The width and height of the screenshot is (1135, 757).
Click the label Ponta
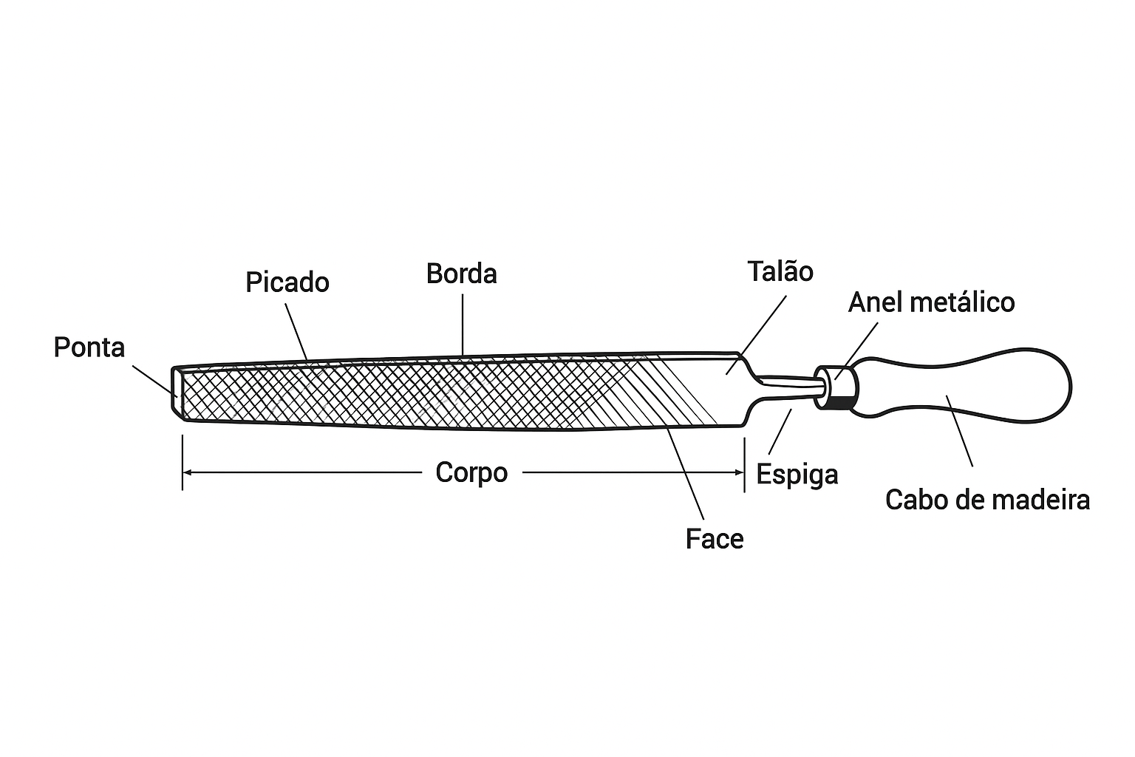[89, 347]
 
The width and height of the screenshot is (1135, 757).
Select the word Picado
[287, 282]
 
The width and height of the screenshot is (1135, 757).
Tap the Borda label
[462, 274]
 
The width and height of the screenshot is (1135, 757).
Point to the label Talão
[780, 271]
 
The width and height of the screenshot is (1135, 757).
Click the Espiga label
[797, 475]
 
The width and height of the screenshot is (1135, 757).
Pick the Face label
[714, 539]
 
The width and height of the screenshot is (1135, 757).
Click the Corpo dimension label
[471, 472]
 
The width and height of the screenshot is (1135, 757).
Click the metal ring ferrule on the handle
[836, 387]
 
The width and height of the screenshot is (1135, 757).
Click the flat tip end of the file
[177, 392]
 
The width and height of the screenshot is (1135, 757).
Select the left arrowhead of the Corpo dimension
[187, 472]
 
